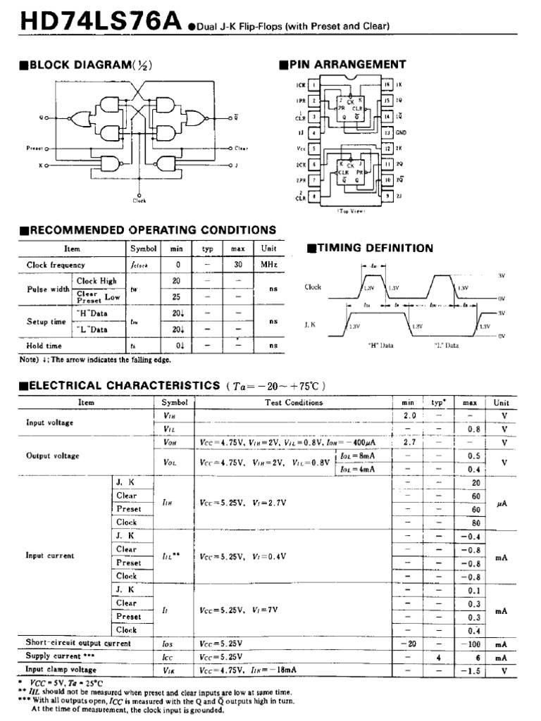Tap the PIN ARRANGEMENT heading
(342, 65)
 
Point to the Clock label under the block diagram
(139, 201)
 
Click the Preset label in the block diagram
(35, 149)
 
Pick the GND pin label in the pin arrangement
(401, 132)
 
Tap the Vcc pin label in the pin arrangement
(301, 149)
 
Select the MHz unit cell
(268, 265)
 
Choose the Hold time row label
(44, 346)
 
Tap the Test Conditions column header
(294, 403)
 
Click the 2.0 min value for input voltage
(409, 416)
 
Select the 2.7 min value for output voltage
(409, 443)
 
